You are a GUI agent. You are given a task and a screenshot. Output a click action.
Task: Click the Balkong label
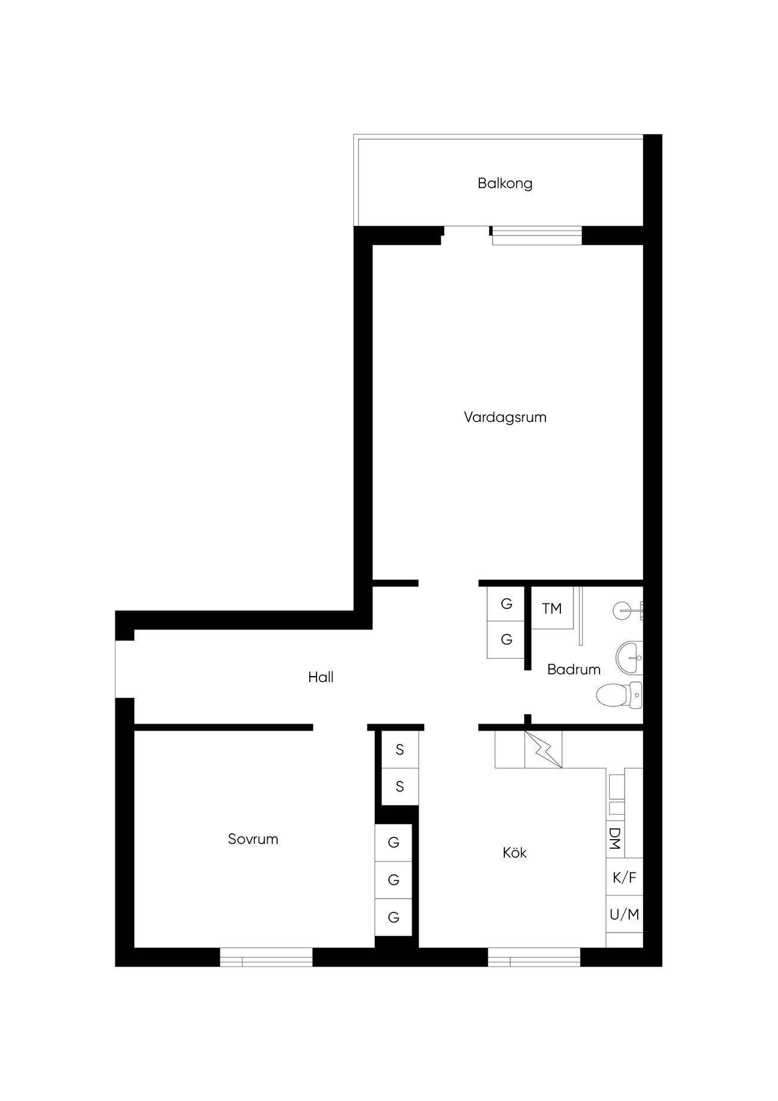(x=504, y=183)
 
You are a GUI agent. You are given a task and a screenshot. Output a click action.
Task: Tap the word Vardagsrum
(x=505, y=417)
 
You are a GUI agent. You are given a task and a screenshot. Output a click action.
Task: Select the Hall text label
(x=321, y=677)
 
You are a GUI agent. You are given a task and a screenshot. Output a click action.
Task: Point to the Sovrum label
(x=253, y=839)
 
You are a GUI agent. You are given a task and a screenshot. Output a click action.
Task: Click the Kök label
(x=515, y=853)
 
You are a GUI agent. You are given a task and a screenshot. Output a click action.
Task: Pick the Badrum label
(x=573, y=670)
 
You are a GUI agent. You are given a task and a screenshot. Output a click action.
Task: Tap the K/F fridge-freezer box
(x=625, y=877)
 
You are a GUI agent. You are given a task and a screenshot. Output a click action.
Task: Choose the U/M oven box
(x=625, y=914)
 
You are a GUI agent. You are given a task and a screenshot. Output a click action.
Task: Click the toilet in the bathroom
(x=619, y=695)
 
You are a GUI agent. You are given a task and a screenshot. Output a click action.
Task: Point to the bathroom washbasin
(x=629, y=658)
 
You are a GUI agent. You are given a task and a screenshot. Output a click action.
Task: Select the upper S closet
(x=400, y=750)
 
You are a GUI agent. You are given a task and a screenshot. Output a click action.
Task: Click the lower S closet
(x=400, y=787)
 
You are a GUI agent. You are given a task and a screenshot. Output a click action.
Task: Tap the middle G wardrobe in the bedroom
(x=393, y=880)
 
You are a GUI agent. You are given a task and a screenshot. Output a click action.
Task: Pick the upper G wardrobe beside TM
(x=506, y=604)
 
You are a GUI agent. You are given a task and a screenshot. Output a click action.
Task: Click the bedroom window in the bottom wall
(x=266, y=956)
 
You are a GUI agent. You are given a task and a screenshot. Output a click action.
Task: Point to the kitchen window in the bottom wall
(x=534, y=956)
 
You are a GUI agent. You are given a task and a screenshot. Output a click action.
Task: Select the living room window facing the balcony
(x=537, y=235)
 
